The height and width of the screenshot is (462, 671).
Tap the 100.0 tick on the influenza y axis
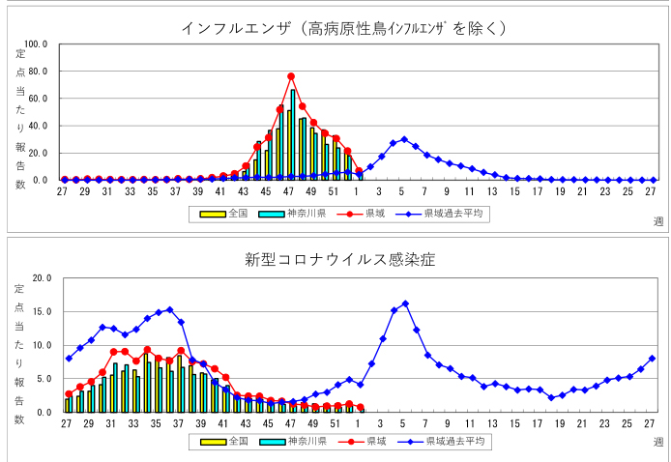(36, 44)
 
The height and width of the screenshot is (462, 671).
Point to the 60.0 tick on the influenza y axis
(37, 99)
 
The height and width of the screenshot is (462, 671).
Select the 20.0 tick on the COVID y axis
(40, 278)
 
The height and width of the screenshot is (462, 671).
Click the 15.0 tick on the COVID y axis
(40, 312)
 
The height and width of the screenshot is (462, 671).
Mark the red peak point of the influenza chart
(291, 76)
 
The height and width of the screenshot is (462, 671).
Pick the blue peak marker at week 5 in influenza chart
(404, 139)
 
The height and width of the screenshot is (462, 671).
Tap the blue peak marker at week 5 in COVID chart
(405, 303)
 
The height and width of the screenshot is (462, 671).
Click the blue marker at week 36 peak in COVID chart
(170, 310)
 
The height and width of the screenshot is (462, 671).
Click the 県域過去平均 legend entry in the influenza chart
(441, 214)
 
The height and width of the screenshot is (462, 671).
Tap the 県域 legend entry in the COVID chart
(365, 441)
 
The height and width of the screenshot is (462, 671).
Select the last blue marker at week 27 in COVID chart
(651, 359)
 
